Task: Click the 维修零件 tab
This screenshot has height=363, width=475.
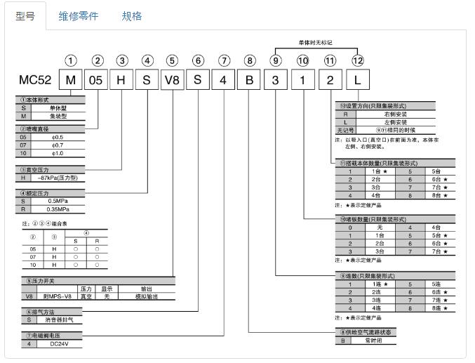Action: click(78, 15)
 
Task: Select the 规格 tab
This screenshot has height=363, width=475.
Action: click(131, 15)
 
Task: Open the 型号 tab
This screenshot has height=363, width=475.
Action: click(25, 15)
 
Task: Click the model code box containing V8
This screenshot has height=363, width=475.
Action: click(171, 80)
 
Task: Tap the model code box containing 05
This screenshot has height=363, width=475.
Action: click(97, 80)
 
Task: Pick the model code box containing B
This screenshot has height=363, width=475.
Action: click(249, 80)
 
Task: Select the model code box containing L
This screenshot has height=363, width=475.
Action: click(358, 80)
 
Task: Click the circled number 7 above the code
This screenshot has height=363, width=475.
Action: click(223, 60)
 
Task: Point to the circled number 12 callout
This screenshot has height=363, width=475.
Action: click(358, 60)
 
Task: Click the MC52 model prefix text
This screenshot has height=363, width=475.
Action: click(34, 80)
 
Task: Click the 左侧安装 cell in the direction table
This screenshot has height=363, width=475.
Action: click(396, 121)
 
